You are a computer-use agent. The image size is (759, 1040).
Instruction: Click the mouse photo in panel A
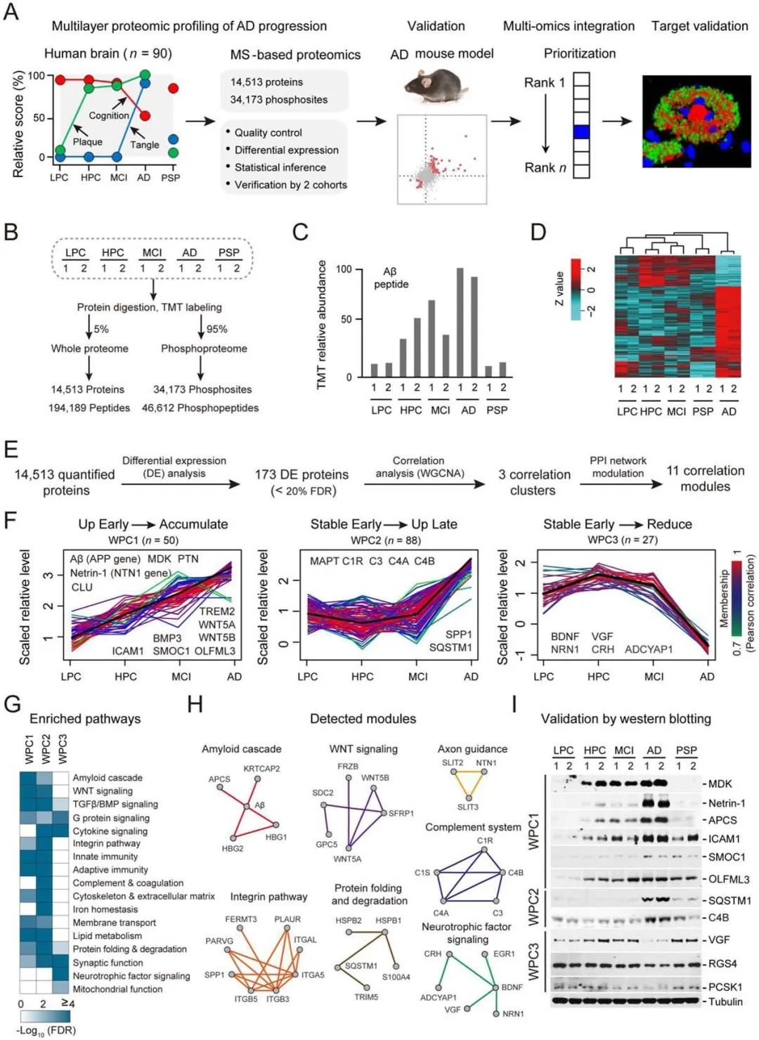coord(436,86)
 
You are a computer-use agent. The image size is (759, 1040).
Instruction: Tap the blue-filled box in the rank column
coord(581,131)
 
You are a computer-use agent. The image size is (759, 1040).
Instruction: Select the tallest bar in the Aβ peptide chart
coord(460,323)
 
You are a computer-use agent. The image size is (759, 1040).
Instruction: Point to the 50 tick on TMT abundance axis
coord(346,320)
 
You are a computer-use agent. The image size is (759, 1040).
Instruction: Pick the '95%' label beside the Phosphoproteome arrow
coord(217,329)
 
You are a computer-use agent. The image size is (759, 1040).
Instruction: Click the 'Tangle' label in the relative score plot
coord(145,145)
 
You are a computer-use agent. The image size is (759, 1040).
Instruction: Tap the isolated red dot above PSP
coord(173,89)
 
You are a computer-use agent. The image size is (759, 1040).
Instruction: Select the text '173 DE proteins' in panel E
coord(301,475)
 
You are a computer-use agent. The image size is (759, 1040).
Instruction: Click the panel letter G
coord(12,705)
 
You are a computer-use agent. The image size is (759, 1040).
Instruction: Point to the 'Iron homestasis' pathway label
coord(105,909)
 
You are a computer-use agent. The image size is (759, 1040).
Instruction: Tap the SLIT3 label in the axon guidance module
coord(468,807)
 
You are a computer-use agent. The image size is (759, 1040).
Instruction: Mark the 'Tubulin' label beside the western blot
coord(725,1001)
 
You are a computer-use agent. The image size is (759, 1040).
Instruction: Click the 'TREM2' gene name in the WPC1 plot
coord(217,611)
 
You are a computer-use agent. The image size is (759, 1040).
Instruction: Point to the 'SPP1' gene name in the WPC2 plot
coord(459,635)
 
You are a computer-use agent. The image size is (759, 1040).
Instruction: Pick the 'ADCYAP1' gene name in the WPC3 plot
coord(649,649)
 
